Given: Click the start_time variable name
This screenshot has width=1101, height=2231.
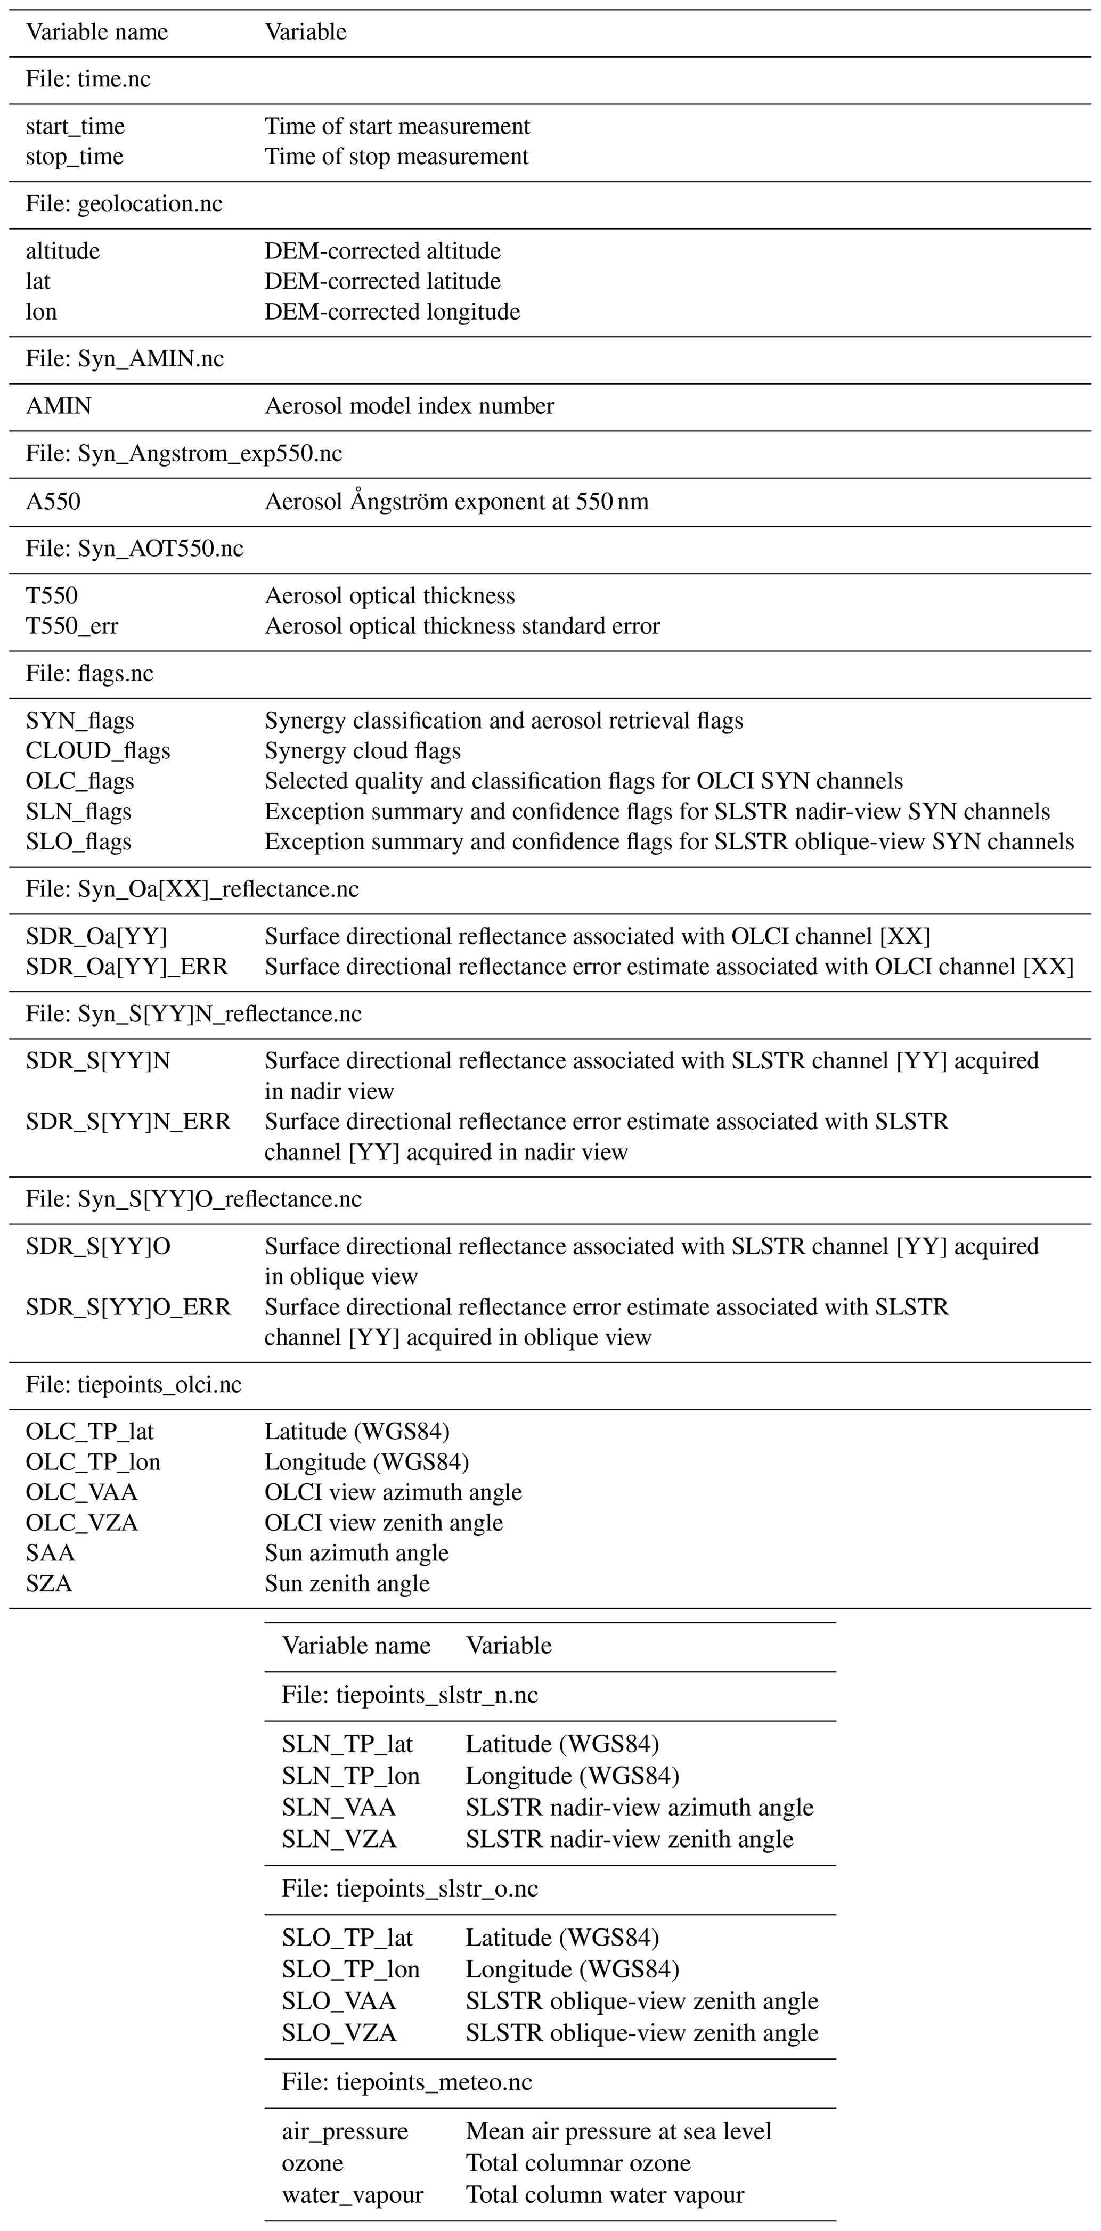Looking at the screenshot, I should pos(75,126).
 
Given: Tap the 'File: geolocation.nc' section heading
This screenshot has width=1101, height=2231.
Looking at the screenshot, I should pos(124,205).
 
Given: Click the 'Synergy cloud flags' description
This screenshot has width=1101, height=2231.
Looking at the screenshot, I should pos(362,751).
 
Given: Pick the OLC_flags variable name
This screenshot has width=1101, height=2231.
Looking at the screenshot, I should pos(80,781).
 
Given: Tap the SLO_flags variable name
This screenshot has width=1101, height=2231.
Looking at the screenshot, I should pos(79,842).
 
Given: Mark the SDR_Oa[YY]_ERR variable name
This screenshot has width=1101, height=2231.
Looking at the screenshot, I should pos(126,967).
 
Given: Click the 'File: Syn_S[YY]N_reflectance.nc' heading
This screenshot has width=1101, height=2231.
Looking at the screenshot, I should pos(193,1014).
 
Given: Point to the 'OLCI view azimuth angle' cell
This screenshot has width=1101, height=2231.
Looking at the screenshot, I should pos(393,1492).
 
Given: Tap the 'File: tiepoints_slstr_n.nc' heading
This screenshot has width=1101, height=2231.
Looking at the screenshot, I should pos(409,1695).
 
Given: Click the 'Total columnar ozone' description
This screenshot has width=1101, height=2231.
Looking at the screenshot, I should pos(578,2163).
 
